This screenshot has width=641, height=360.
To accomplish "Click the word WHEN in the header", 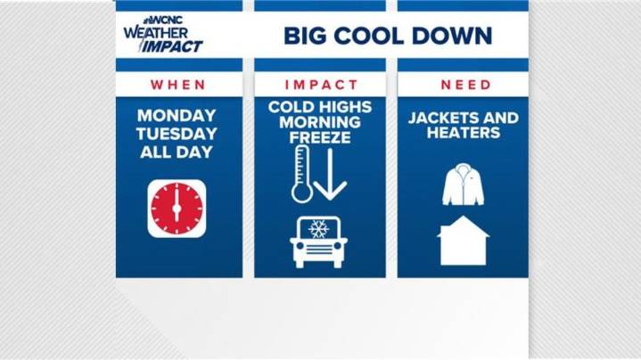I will [178, 85].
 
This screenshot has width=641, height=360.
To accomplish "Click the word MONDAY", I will [177, 116].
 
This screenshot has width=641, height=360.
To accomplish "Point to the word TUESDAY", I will [177, 134].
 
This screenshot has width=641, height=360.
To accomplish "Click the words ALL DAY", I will [177, 151].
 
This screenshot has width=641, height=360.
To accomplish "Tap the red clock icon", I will [177, 209].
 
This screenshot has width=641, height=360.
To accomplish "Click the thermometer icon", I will [301, 175].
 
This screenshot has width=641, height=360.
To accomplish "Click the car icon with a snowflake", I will [318, 241].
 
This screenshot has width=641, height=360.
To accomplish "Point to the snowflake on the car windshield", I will [318, 229].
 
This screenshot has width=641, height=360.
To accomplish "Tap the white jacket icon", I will [463, 184].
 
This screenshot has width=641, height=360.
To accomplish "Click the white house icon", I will [464, 241].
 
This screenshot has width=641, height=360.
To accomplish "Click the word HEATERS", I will [464, 134].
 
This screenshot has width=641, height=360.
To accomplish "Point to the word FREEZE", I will [320, 138].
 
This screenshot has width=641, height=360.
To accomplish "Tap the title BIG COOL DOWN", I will [388, 37].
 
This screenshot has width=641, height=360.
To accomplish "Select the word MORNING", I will [320, 122].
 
